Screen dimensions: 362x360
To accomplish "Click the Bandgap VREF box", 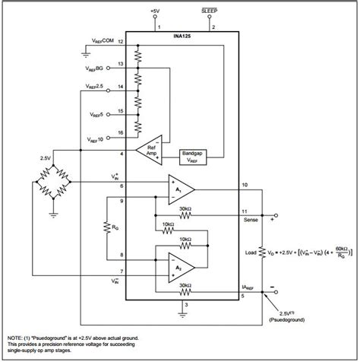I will point(192,155).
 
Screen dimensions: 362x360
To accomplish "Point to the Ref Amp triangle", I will point(149,151).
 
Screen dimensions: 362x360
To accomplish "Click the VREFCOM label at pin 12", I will point(96,41).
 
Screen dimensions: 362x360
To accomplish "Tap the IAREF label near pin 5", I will point(248,287).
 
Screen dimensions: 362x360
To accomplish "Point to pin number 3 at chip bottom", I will point(185,306).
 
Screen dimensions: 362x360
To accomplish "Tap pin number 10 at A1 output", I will point(244,185).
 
